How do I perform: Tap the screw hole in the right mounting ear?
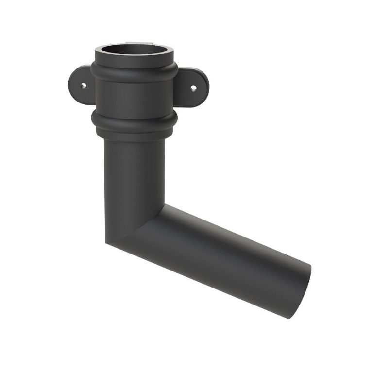pyautogui.click(x=193, y=88)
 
